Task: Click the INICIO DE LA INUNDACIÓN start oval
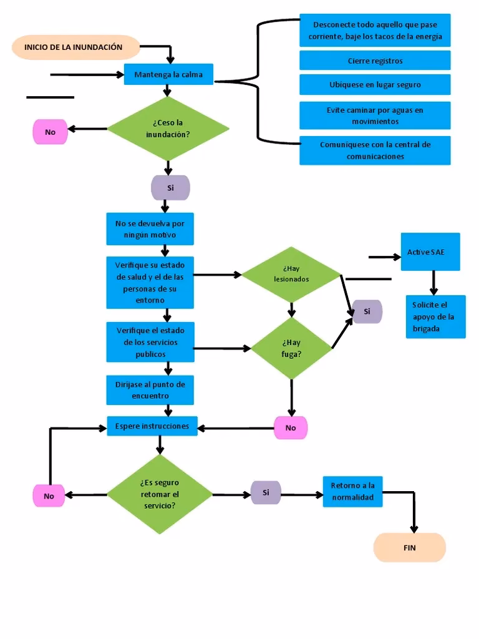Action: [75, 47]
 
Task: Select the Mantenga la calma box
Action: [168, 75]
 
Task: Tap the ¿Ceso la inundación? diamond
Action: [168, 129]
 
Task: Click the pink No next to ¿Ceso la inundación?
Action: [50, 132]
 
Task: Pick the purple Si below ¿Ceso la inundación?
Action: [170, 187]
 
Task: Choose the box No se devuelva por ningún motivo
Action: [150, 229]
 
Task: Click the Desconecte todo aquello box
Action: [375, 31]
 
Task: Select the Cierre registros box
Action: [375, 61]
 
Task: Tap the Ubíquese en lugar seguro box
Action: [375, 84]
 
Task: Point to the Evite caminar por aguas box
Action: [375, 115]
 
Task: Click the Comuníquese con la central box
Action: [375, 150]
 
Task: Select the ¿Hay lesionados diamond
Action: [291, 275]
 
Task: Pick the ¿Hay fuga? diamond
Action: [291, 348]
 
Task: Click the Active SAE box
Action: [430, 252]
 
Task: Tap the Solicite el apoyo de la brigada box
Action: [435, 316]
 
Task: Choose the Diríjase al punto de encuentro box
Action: [150, 390]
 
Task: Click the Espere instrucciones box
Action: [152, 426]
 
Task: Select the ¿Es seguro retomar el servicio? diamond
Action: [160, 494]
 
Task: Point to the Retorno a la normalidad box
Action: [352, 492]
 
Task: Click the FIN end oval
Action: [409, 548]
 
